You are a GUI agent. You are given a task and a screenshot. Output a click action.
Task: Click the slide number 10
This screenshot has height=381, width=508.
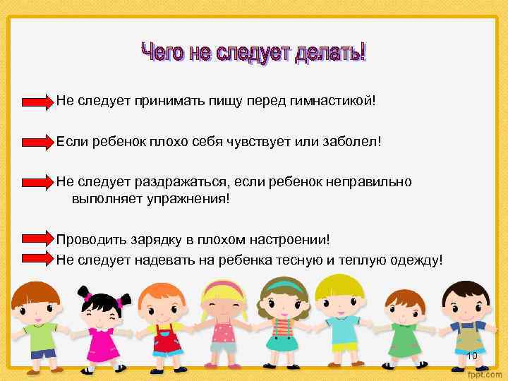pyautogui.click(x=472, y=356)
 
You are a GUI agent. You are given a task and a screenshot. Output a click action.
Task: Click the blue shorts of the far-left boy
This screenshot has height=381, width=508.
pyautogui.click(x=42, y=353)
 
